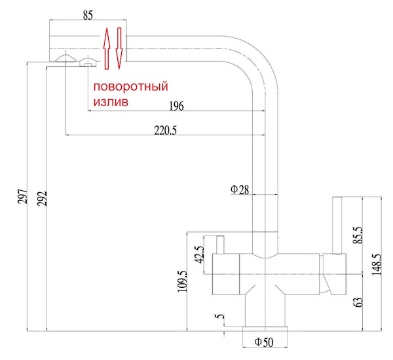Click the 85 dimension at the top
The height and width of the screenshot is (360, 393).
(88, 15)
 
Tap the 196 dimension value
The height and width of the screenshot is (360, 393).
(176, 106)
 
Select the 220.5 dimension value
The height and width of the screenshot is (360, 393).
(166, 130)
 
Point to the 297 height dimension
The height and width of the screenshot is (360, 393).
(22, 197)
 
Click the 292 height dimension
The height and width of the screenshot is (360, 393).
(42, 199)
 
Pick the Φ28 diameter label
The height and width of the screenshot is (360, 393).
(240, 190)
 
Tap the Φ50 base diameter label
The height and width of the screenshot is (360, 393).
(264, 342)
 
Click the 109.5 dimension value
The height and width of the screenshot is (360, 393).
(183, 281)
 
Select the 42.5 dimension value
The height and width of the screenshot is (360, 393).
(200, 254)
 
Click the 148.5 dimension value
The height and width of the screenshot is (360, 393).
(377, 265)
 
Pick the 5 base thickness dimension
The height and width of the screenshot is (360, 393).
(220, 316)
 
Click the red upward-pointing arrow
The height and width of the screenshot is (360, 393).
(107, 49)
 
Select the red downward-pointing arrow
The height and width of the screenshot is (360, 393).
(119, 48)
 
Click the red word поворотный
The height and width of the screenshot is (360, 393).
(130, 87)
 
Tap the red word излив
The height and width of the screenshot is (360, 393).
(111, 102)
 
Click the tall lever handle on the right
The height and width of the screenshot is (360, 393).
(337, 226)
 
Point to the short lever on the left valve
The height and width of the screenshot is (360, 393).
(220, 245)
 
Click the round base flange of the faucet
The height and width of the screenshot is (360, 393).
(265, 329)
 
